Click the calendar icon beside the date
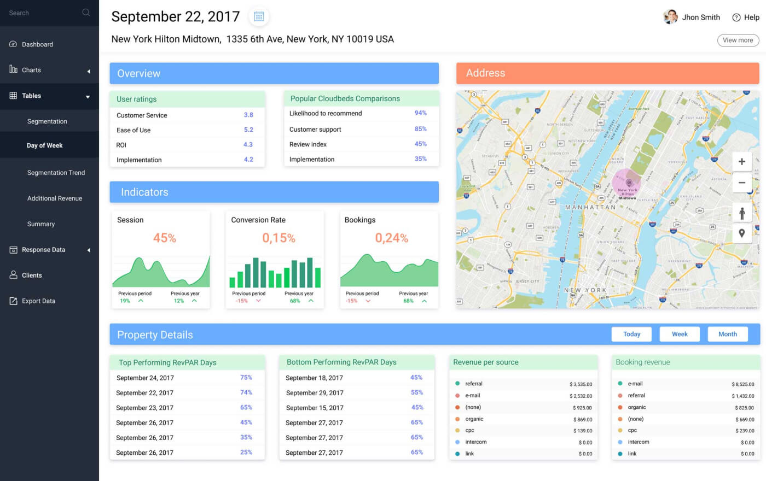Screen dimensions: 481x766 click(x=259, y=17)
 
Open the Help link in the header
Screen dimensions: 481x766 click(x=746, y=17)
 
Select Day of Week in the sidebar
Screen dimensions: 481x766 click(x=45, y=145)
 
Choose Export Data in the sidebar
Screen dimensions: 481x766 click(x=38, y=301)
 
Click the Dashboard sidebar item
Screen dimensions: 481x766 click(x=37, y=44)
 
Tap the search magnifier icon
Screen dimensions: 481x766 click(x=86, y=13)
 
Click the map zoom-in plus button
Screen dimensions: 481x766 click(x=741, y=162)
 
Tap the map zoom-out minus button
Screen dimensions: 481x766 click(x=741, y=183)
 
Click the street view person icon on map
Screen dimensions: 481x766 click(x=741, y=213)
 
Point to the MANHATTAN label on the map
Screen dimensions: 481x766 click(x=590, y=208)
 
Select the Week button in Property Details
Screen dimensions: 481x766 click(x=680, y=334)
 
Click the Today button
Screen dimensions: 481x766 click(x=631, y=334)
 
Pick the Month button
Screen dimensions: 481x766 click(x=727, y=334)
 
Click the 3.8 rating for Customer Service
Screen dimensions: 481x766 click(x=248, y=115)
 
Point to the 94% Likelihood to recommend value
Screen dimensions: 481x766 click(x=420, y=113)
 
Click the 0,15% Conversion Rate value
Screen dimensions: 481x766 click(x=278, y=238)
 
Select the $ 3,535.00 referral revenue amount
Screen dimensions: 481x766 click(x=581, y=384)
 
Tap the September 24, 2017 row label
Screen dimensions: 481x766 click(x=145, y=378)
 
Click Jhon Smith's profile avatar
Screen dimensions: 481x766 click(x=670, y=17)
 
